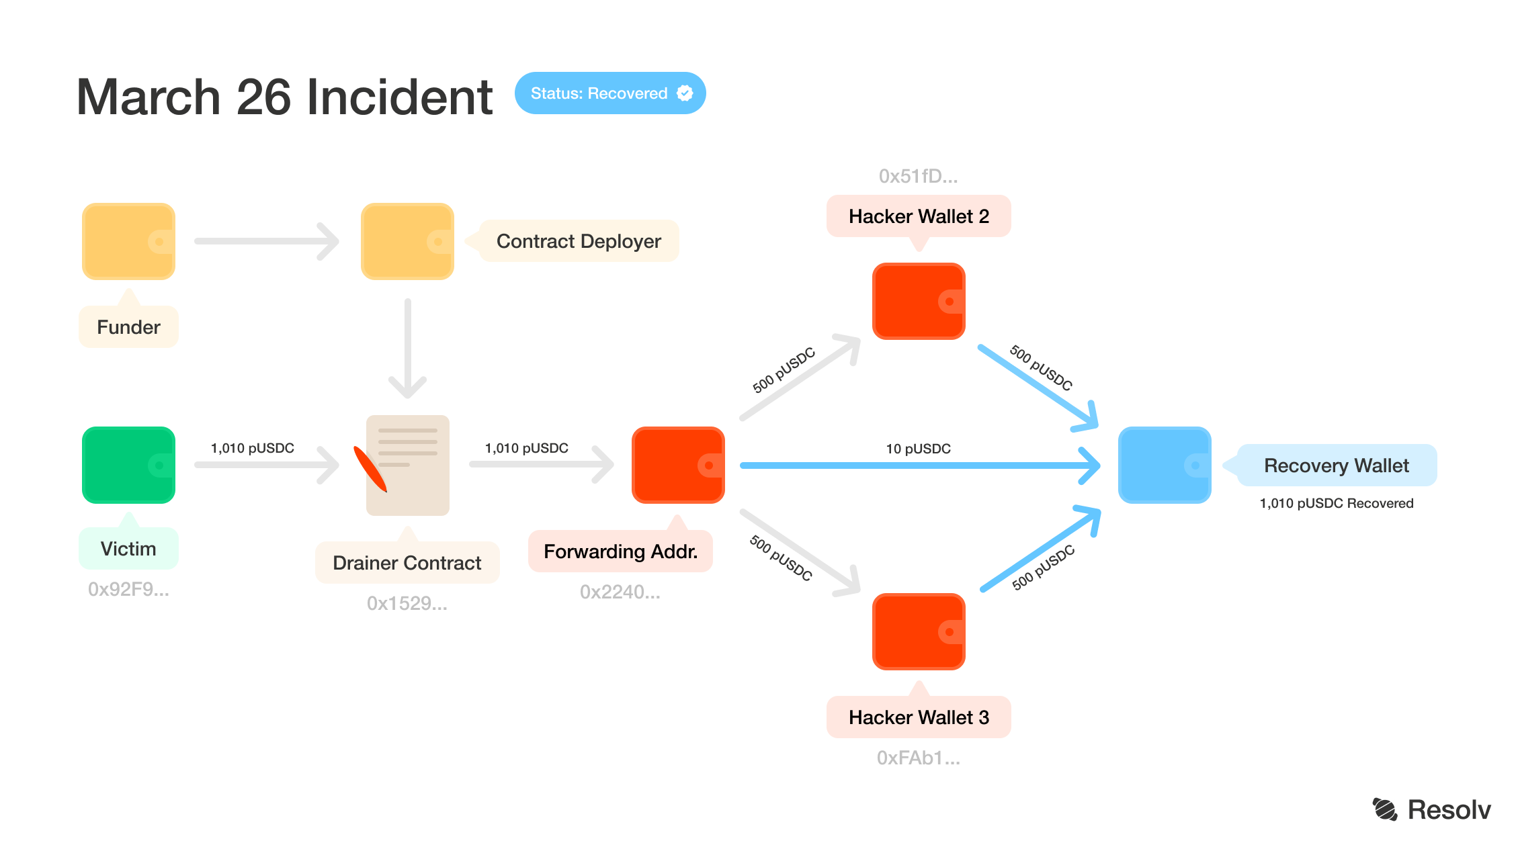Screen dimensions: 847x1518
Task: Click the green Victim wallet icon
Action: click(x=128, y=465)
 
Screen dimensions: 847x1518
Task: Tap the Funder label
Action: click(x=128, y=327)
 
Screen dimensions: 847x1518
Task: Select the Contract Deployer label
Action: click(x=579, y=241)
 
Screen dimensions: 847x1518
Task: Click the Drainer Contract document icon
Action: click(x=407, y=465)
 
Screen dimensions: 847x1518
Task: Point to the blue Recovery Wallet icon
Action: click(x=1164, y=465)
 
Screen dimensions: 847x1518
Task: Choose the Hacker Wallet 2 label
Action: click(x=919, y=216)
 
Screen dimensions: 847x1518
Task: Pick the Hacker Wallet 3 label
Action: click(x=919, y=717)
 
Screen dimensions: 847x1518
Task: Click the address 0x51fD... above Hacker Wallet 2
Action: click(x=918, y=176)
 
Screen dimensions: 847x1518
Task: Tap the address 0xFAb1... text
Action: click(x=918, y=758)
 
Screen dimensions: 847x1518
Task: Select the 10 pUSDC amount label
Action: click(x=918, y=449)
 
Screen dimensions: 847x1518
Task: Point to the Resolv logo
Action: click(x=1431, y=809)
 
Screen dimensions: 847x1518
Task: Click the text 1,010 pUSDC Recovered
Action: click(x=1336, y=503)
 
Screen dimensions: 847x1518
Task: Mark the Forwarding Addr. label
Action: click(x=620, y=551)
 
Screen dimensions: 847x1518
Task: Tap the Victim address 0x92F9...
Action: click(x=128, y=589)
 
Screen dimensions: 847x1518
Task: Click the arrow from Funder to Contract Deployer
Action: click(x=267, y=241)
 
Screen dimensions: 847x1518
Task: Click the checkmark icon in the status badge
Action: click(x=685, y=93)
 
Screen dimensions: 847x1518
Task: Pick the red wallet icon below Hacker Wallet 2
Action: click(x=919, y=301)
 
